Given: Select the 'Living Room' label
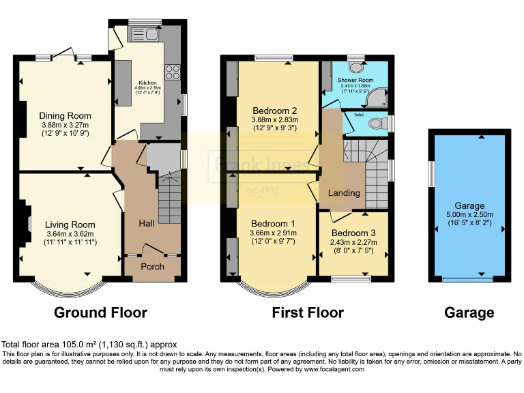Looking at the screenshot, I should click(70, 224).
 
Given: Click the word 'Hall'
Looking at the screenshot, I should click(147, 223).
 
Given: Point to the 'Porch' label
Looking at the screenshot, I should click(152, 266).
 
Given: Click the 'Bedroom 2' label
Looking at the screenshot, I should click(274, 111).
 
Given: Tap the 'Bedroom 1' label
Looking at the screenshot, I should click(273, 224).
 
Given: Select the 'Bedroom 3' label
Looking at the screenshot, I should click(353, 233).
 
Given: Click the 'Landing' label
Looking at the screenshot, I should click(344, 193).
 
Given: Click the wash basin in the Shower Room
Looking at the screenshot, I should click(356, 67).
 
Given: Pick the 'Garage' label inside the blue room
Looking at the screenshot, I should click(469, 205).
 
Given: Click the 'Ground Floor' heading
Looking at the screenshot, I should click(100, 313).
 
